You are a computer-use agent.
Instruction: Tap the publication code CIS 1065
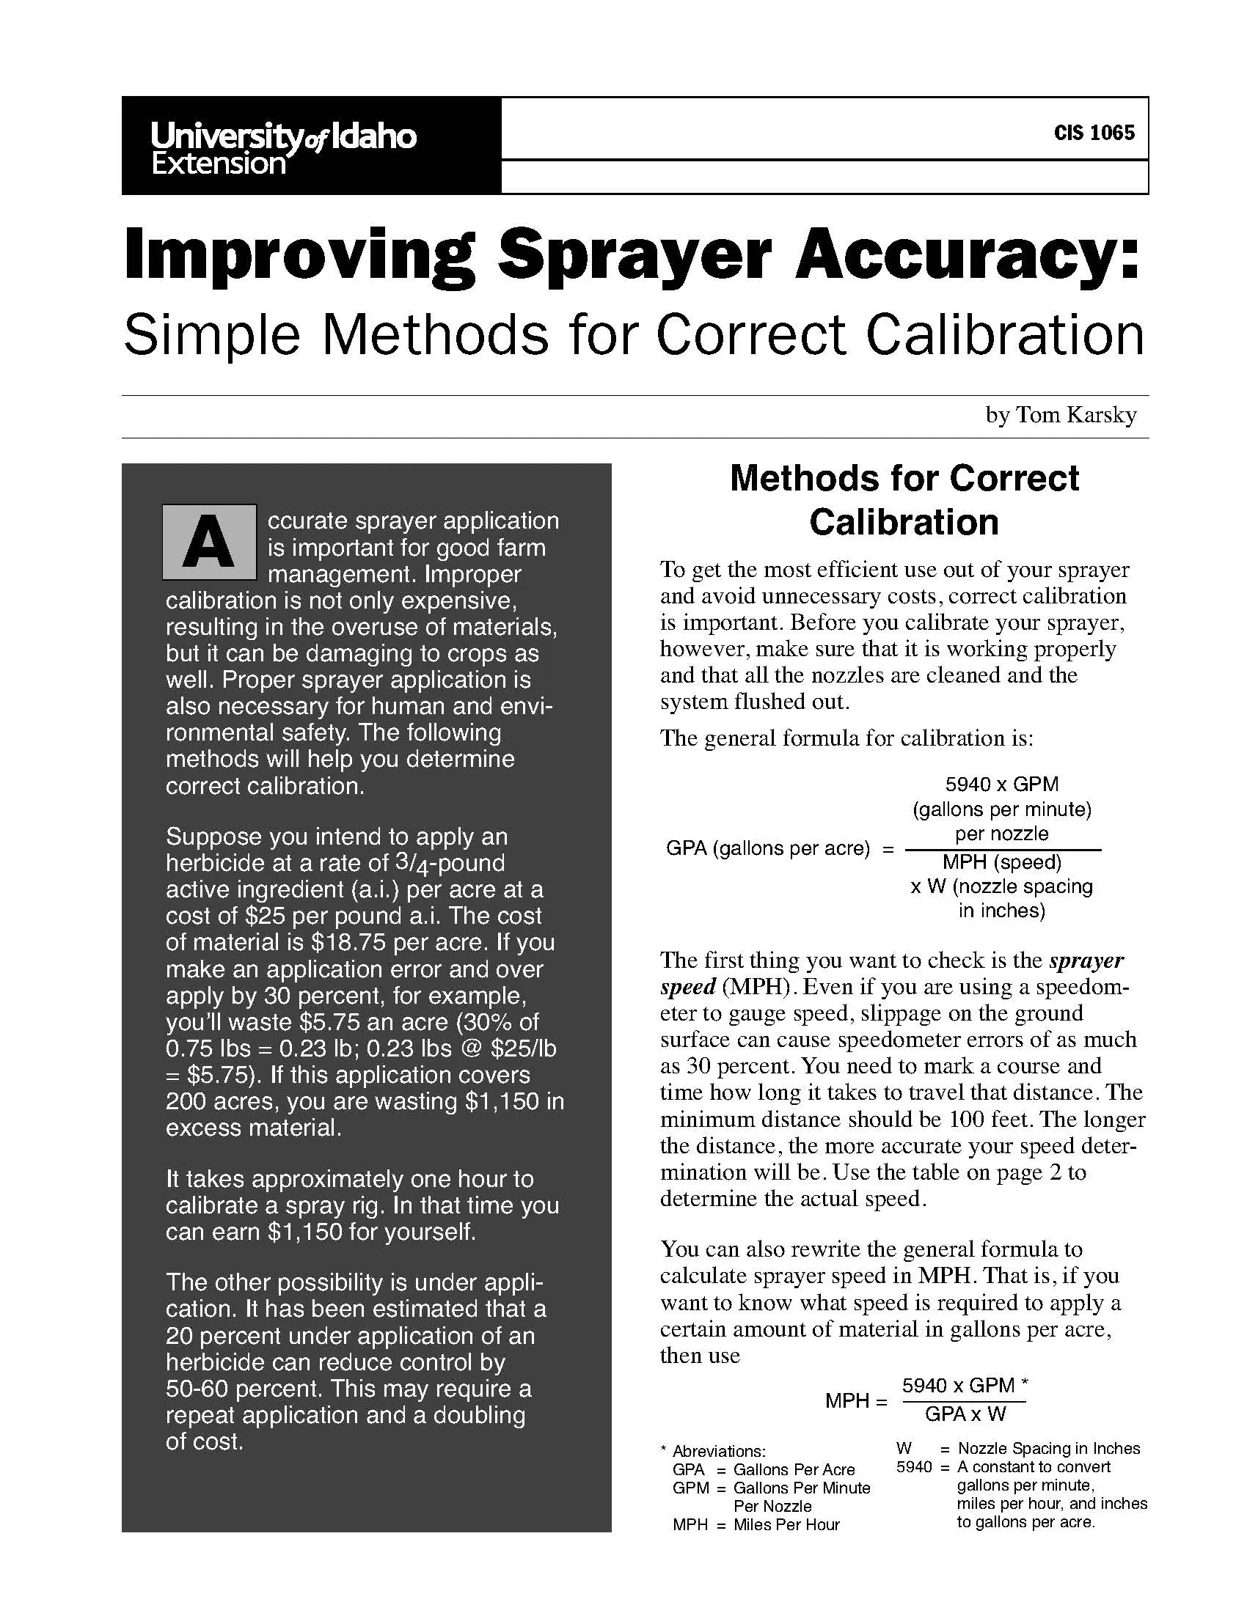pyautogui.click(x=1094, y=133)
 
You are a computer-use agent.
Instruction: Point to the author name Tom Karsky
pyautogui.click(x=1075, y=415)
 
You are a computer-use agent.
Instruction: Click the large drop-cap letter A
pyautogui.click(x=209, y=542)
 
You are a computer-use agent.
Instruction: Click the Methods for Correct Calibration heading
pyautogui.click(x=904, y=500)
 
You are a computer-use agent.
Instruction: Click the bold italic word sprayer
pyautogui.click(x=1086, y=960)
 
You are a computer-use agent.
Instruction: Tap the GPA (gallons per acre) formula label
pyautogui.click(x=768, y=848)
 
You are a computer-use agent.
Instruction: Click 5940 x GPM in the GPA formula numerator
pyautogui.click(x=1002, y=784)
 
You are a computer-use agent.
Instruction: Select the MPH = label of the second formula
pyautogui.click(x=855, y=1400)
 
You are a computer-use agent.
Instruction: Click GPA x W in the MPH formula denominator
pyautogui.click(x=965, y=1414)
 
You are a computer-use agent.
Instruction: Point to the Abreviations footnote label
pyautogui.click(x=719, y=1451)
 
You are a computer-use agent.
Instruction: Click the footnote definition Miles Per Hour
pyautogui.click(x=786, y=1524)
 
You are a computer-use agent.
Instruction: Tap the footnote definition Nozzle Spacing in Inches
pyautogui.click(x=1048, y=1448)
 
